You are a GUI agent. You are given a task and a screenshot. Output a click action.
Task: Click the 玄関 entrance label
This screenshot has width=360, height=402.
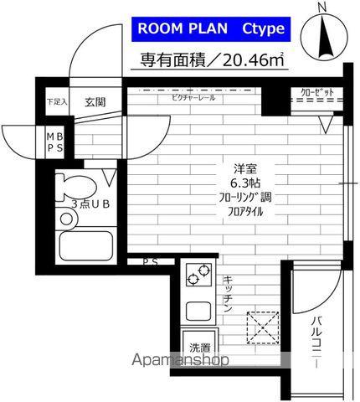(94, 102)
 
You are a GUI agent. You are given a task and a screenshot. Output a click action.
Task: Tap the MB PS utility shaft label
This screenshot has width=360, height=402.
(54, 142)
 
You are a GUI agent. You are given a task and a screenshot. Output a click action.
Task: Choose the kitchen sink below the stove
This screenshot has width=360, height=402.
(199, 310)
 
